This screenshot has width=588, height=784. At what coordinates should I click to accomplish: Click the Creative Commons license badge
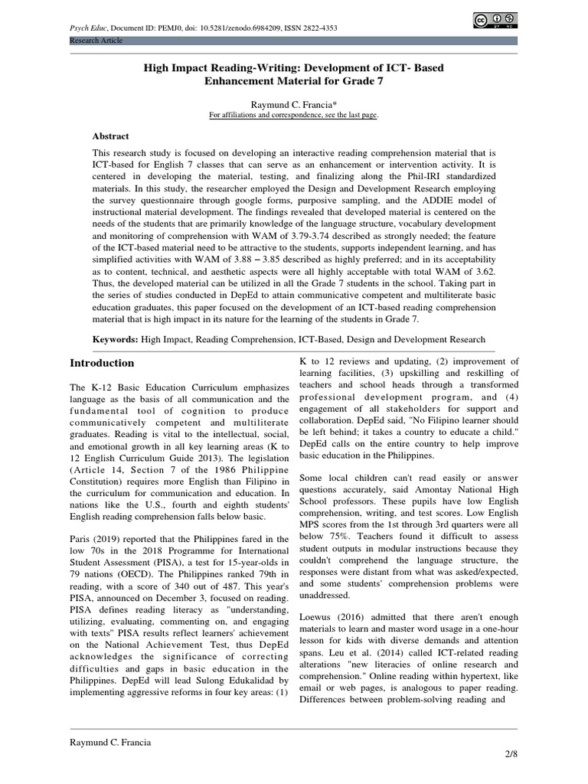495,21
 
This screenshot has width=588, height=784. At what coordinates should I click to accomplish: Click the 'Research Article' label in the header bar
96,41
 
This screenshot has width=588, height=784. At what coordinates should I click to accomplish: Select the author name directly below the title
294,103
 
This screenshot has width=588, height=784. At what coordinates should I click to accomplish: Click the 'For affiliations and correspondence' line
294,115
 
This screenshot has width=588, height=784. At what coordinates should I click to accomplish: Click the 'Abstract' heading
111,136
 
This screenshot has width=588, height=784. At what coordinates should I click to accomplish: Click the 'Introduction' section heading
102,363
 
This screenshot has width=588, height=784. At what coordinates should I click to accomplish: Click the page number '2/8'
511,754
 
